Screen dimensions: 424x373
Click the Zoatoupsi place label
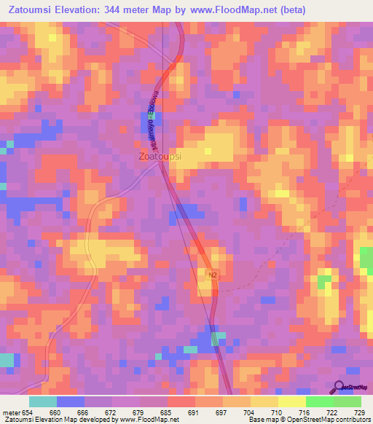[x=160, y=156]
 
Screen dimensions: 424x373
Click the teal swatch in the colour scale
[x=43, y=401]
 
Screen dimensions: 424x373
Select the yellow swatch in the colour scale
[x=291, y=401]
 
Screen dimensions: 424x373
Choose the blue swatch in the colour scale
[x=71, y=401]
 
